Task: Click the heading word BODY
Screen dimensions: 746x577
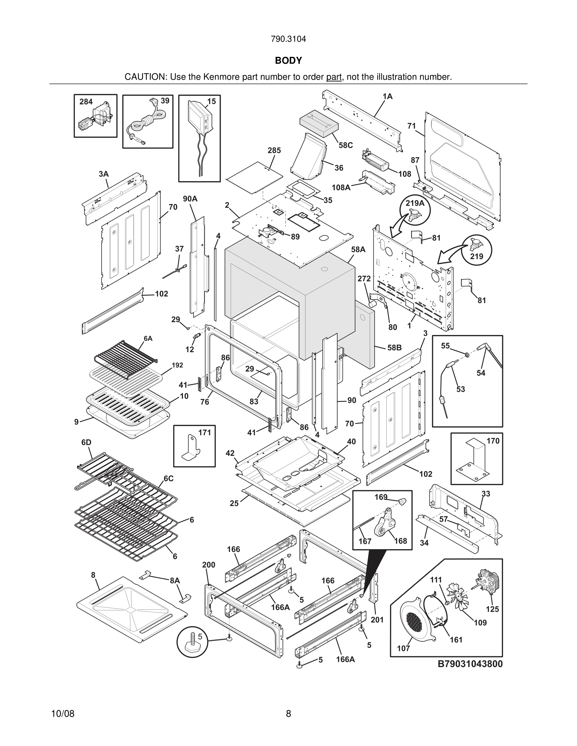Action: pyautogui.click(x=288, y=61)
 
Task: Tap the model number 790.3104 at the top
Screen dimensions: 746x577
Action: pyautogui.click(x=288, y=39)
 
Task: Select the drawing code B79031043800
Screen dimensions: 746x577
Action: pyautogui.click(x=470, y=664)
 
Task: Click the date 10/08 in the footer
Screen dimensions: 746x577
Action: pyautogui.click(x=63, y=714)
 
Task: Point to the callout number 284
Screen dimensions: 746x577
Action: pyautogui.click(x=86, y=101)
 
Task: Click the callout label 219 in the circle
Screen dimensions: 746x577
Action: pyautogui.click(x=476, y=256)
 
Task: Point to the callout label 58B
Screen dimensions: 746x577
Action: pyautogui.click(x=394, y=348)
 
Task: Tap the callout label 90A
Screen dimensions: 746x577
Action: pyautogui.click(x=190, y=199)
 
